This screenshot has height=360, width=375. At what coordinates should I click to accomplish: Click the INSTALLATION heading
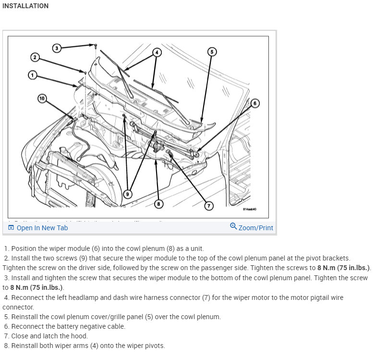25,6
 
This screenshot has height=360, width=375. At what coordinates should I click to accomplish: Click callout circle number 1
33,75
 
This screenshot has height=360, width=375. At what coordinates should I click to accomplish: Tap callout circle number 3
57,48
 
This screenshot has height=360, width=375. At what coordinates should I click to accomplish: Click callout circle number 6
254,103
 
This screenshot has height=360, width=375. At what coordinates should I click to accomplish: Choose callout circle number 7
208,206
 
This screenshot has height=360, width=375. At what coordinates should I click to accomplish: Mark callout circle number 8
158,204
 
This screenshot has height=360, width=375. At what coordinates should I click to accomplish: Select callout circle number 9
127,194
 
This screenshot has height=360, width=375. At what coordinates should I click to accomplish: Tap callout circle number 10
42,99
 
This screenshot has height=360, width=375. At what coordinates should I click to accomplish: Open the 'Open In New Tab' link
42,228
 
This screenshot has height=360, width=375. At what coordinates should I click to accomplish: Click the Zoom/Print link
255,228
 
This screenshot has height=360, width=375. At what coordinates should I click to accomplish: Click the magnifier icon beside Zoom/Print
233,226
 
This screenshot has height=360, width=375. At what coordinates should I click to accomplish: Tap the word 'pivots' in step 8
153,346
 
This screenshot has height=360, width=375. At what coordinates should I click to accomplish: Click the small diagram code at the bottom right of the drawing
250,210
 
